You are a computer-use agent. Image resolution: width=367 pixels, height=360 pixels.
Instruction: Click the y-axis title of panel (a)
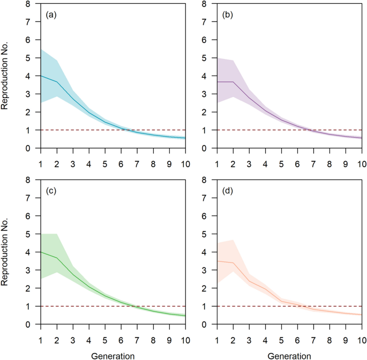pos(5,76)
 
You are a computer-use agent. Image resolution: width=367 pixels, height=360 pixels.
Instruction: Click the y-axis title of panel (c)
pos(5,252)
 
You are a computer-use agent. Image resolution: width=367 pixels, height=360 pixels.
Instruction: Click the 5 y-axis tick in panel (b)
pos(209,58)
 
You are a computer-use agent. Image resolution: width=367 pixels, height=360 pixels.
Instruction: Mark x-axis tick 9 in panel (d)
pos(344,335)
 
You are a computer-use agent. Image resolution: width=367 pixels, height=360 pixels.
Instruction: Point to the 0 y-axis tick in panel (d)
pos(209,324)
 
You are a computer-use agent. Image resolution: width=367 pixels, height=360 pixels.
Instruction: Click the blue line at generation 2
pos(57,81)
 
